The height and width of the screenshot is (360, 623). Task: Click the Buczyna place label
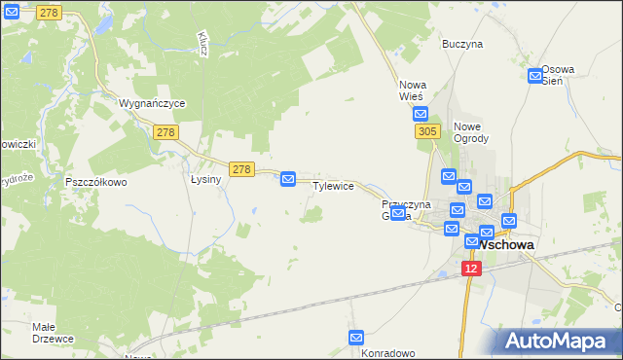click(x=461, y=44)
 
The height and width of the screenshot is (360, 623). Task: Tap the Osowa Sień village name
click(x=559, y=75)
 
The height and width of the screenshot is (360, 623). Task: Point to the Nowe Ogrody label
click(x=470, y=131)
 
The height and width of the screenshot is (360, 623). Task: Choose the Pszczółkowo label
click(x=95, y=182)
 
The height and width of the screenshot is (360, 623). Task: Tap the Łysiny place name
click(x=206, y=179)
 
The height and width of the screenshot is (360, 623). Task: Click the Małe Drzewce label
click(x=53, y=332)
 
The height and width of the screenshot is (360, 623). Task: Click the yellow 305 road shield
click(x=424, y=131)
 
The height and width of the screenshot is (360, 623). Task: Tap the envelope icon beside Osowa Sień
click(x=534, y=76)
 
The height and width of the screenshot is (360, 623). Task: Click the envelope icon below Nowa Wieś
click(x=420, y=114)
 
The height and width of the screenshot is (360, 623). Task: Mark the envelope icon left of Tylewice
click(x=288, y=179)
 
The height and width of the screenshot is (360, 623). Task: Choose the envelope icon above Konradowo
click(x=357, y=337)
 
